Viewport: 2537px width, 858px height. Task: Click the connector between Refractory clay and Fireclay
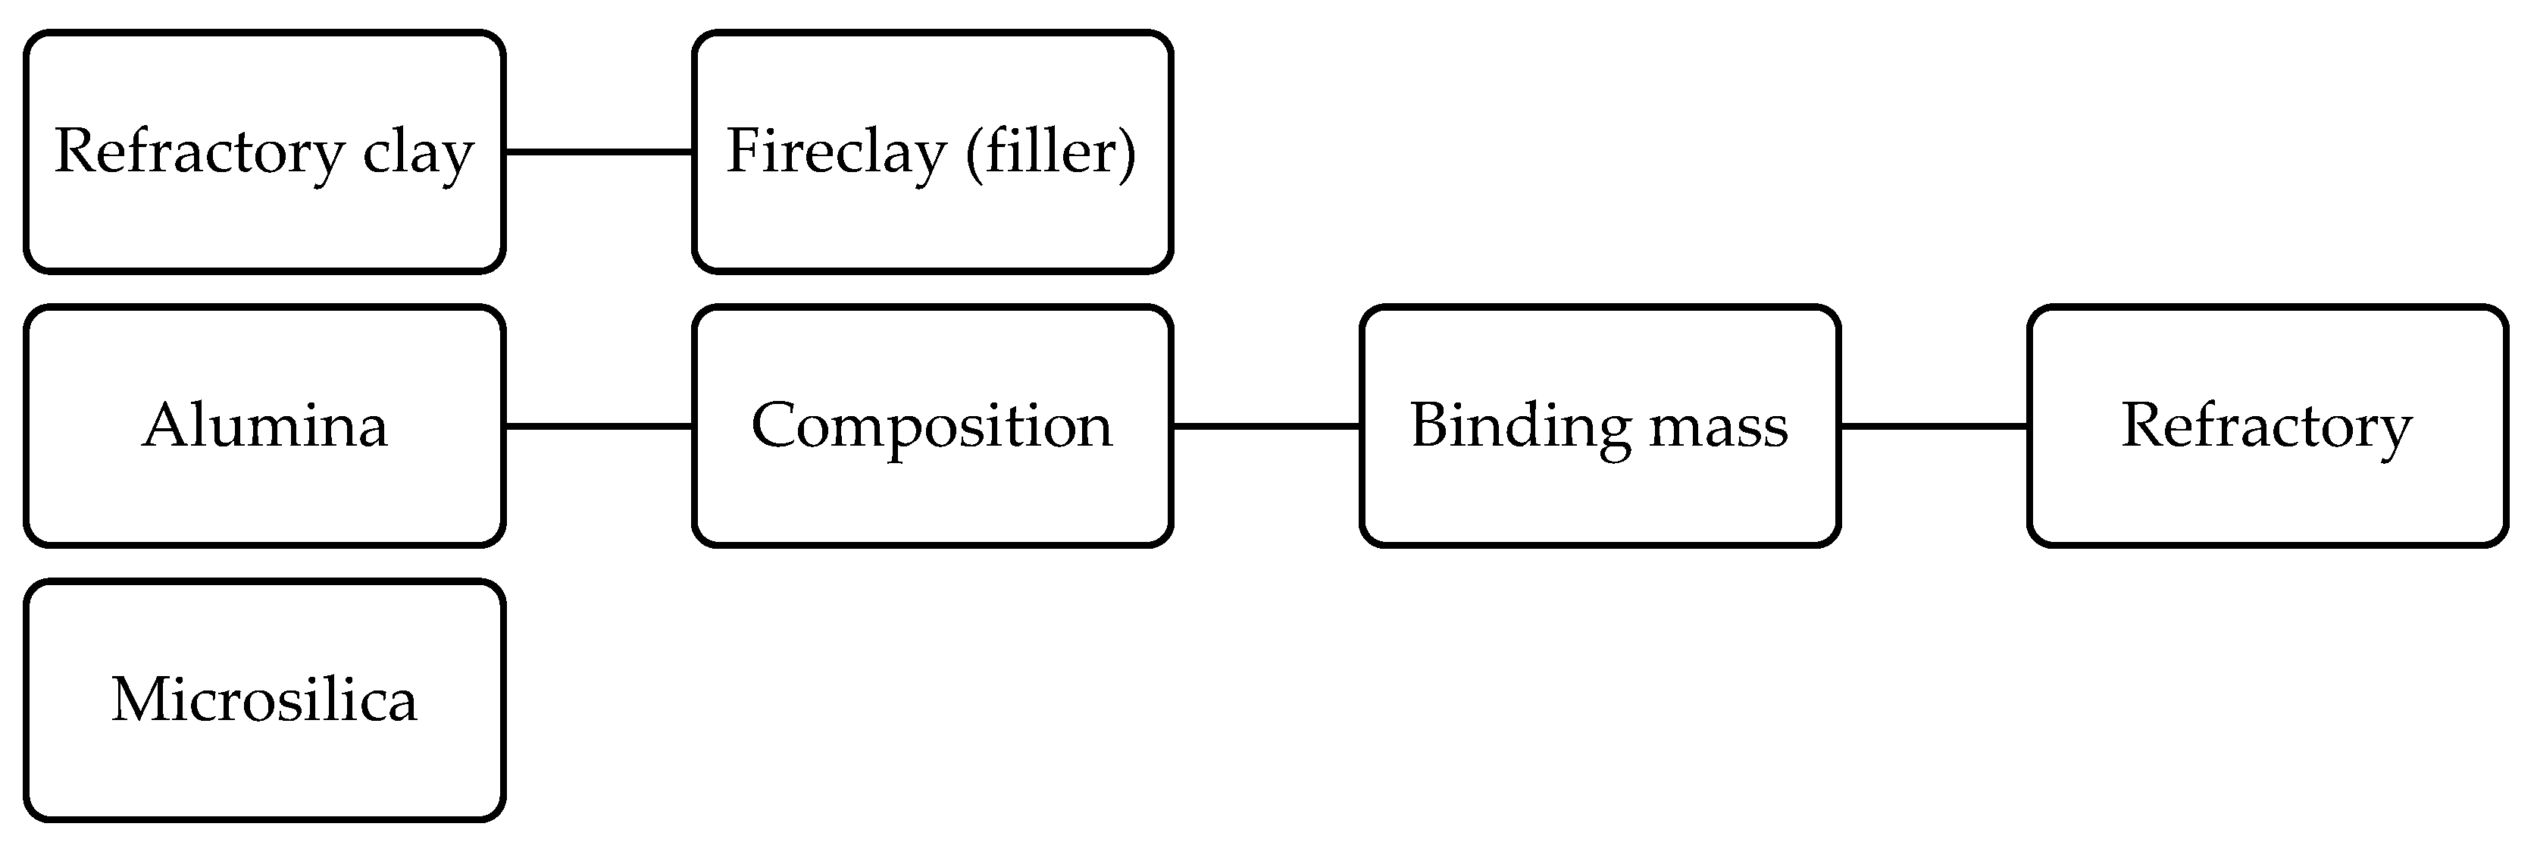click(x=599, y=152)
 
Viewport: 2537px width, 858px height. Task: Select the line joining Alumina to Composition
click(x=599, y=425)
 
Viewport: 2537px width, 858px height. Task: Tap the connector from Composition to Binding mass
click(x=1266, y=425)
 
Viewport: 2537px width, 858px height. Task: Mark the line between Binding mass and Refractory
click(x=1933, y=425)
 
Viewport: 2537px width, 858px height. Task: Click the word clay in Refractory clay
click(x=418, y=154)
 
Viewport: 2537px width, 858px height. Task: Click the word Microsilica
click(x=264, y=700)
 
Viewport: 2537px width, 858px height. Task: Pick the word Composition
click(x=932, y=427)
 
